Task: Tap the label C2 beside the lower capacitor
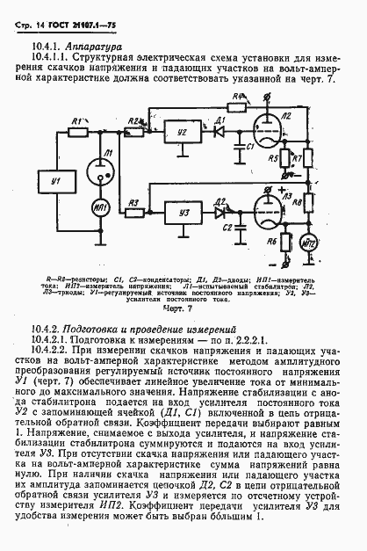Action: pyautogui.click(x=227, y=228)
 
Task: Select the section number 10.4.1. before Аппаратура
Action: pyautogui.click(x=52, y=45)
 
